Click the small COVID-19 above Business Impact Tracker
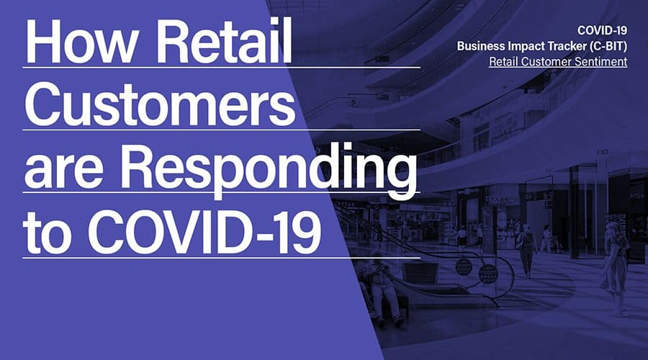coord(602,30)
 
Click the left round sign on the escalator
coord(463,266)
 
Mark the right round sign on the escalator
coord(488,274)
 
